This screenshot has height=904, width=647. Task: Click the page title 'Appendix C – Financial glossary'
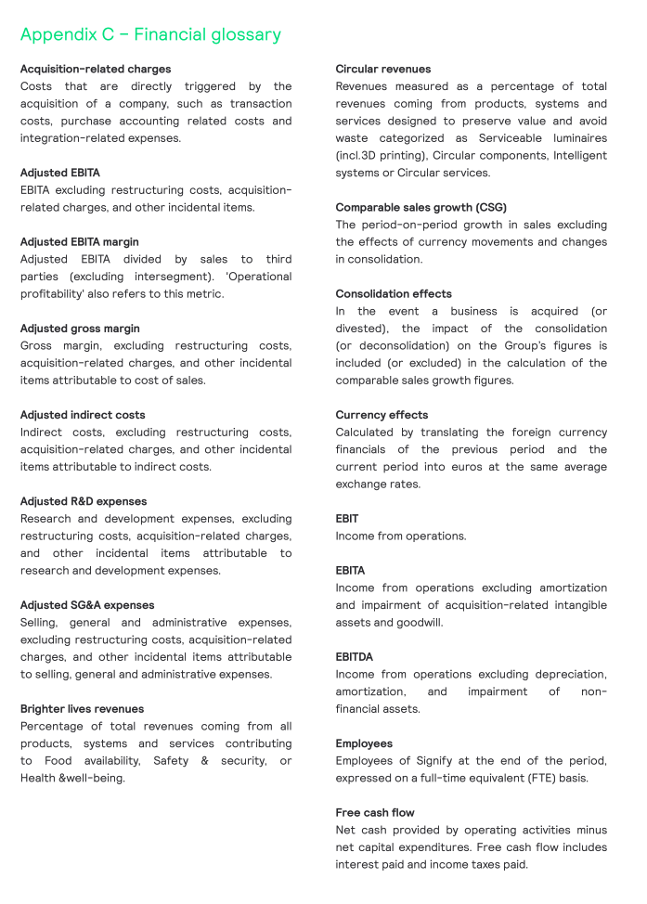point(150,35)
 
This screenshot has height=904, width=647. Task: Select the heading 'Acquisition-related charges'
point(96,69)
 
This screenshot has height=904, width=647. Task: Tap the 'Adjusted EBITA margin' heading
point(80,242)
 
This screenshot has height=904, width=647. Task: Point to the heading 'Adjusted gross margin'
point(81,329)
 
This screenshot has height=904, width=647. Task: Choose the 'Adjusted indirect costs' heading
point(83,415)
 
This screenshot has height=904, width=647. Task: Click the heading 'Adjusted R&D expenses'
point(84,501)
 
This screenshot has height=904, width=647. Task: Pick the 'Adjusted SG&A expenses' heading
point(87,605)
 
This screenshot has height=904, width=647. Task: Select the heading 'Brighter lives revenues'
point(82,709)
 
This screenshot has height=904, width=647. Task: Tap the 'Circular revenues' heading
point(383,69)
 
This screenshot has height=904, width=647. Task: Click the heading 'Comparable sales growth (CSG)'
point(421,208)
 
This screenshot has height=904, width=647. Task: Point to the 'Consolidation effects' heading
point(394,294)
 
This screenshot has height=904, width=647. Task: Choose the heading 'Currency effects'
point(382,415)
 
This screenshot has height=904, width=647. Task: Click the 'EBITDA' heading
point(355,657)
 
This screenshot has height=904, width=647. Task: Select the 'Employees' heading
point(364,743)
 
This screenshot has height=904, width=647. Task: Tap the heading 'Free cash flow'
point(375,813)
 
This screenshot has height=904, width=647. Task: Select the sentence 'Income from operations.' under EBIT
point(401,536)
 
